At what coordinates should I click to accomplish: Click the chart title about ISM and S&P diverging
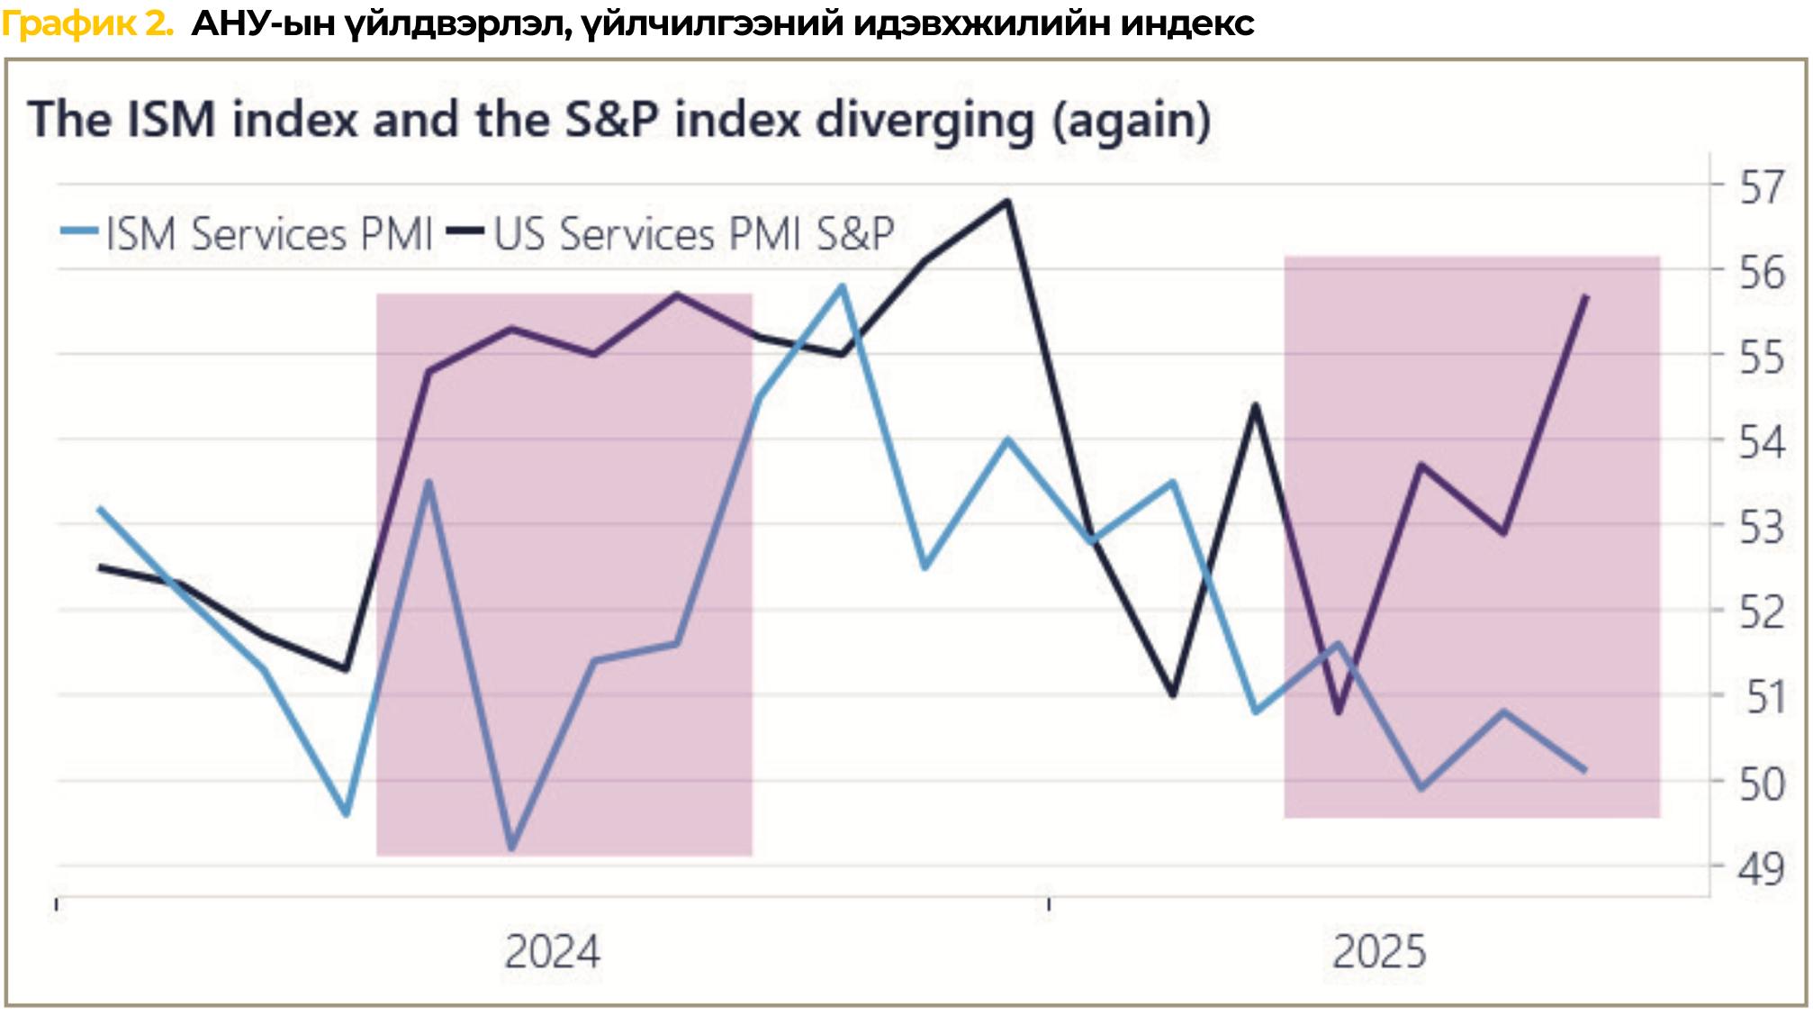(619, 120)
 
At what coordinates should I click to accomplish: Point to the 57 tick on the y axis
(1761, 188)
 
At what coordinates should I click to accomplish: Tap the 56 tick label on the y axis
(1761, 272)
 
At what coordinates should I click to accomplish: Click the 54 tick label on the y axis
(1761, 442)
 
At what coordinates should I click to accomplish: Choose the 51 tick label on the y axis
(1764, 697)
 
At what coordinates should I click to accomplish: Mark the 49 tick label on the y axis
(1761, 869)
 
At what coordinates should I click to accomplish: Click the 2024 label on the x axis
(552, 952)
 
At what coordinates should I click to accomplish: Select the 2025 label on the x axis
(1379, 952)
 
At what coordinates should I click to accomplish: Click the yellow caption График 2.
(87, 23)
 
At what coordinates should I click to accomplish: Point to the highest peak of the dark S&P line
(1007, 201)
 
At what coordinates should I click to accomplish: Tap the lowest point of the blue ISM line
(512, 847)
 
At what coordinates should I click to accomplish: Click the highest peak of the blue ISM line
(843, 286)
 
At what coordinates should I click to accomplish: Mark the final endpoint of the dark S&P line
(1586, 296)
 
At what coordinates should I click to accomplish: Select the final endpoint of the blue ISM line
(1585, 770)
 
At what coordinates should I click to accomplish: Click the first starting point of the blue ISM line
(99, 509)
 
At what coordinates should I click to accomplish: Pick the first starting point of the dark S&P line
(100, 567)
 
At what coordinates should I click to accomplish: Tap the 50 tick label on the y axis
(1761, 784)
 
